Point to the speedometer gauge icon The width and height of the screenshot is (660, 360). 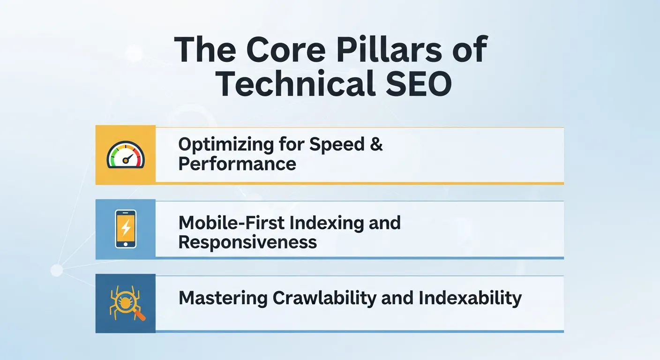point(126,155)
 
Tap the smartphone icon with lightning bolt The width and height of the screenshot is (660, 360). point(126,229)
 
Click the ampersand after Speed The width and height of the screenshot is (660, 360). point(376,144)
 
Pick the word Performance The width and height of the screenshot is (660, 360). point(237,164)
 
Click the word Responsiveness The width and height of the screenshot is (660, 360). point(247,242)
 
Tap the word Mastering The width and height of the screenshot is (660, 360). point(222,298)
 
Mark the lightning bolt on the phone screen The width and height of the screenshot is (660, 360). point(126,228)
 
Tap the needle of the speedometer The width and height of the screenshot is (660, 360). point(127,158)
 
